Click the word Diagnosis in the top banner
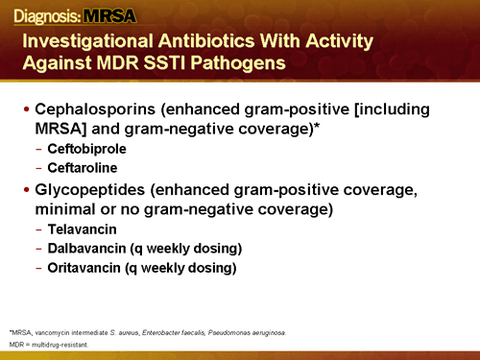click(39, 13)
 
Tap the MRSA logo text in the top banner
click(110, 13)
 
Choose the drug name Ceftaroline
click(81, 169)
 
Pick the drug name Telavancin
click(81, 230)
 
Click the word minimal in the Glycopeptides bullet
click(68, 208)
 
